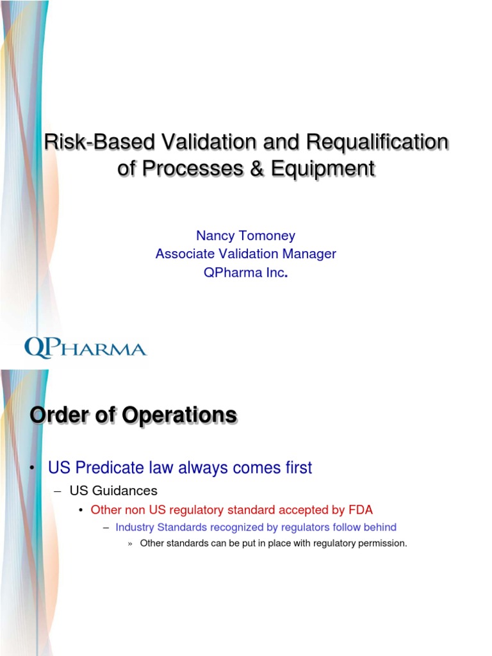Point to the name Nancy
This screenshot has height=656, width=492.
click(x=214, y=236)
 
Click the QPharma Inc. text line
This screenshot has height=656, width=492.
click(x=245, y=272)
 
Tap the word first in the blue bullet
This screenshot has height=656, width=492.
click(x=294, y=468)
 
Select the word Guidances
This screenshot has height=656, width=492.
click(x=124, y=491)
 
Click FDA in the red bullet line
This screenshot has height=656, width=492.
click(x=359, y=510)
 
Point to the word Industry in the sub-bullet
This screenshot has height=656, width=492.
click(x=135, y=527)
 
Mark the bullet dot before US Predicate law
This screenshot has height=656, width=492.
click(x=31, y=469)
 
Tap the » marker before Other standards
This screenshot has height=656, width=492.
click(x=129, y=544)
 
